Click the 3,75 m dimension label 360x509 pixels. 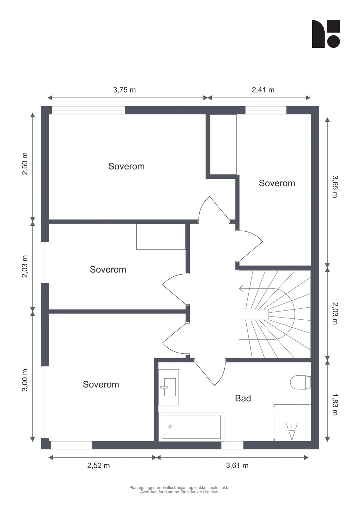tap(124, 90)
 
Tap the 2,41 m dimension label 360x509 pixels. tap(263, 90)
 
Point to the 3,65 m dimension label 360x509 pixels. tap(335, 186)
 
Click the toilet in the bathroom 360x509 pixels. tap(300, 382)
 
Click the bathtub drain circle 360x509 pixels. tap(171, 427)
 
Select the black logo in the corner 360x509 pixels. tap(326, 34)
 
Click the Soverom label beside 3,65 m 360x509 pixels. tap(277, 183)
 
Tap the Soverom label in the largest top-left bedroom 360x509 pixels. tap(126, 166)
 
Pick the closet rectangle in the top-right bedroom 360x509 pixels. tap(223, 144)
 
